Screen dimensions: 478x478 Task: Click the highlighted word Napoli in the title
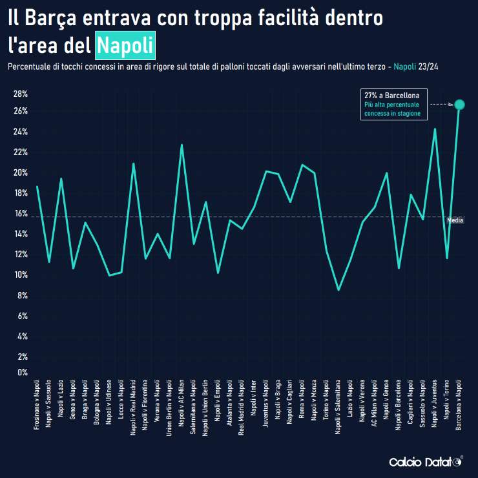point(125,46)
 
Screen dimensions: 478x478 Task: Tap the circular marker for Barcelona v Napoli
point(459,105)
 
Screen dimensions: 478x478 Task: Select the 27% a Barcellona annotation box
point(393,104)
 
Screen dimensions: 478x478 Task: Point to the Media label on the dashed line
point(455,220)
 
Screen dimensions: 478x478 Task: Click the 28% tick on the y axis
point(20,94)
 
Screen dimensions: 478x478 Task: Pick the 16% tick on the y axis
point(20,214)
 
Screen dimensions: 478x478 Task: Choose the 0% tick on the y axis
point(22,372)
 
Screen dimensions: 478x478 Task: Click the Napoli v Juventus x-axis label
point(435,405)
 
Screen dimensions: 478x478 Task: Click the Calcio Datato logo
point(425,462)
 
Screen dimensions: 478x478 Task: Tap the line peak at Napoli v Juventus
point(435,129)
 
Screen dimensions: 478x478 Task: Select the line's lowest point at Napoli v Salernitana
point(338,290)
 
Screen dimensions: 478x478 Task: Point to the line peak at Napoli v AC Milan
point(182,145)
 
